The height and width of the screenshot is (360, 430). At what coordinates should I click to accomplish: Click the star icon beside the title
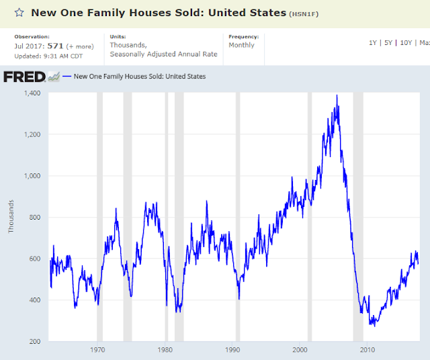pos(19,13)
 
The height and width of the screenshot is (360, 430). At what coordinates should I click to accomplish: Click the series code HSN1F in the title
pos(304,14)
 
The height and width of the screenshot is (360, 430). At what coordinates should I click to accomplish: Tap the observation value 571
pos(55,46)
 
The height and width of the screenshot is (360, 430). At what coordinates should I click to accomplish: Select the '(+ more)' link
pos(80,46)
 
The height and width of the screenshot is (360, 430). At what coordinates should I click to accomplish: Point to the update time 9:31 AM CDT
pos(62,56)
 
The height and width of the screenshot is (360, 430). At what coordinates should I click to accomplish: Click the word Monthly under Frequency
pos(242,45)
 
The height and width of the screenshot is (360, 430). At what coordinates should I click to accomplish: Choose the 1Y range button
pos(373,43)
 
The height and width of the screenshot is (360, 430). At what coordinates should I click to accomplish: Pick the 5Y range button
pos(388,43)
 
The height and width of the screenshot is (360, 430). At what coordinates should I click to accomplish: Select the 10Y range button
pos(406,43)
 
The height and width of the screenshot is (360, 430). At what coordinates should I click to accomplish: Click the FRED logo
pos(24,77)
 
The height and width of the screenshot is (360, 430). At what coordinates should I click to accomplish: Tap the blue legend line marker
pos(67,76)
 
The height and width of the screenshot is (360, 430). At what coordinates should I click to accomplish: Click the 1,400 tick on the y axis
pos(32,93)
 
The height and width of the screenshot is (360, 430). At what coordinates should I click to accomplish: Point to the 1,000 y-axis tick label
pos(32,176)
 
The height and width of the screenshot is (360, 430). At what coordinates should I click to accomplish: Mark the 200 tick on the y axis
pos(35,341)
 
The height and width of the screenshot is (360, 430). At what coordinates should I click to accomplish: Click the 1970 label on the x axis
pos(97,350)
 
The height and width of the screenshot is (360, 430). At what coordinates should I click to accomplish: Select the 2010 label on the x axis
pos(368,350)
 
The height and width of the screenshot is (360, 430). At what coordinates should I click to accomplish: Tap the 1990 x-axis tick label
pos(232,350)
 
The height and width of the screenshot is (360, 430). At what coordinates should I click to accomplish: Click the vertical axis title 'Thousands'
pos(11,216)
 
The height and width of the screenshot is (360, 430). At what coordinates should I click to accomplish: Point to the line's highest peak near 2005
pos(337,95)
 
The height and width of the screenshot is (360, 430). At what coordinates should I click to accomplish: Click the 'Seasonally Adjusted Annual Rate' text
pos(163,54)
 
